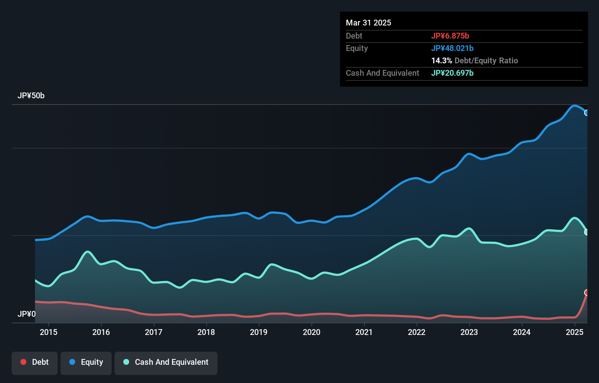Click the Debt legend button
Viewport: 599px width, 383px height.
35,363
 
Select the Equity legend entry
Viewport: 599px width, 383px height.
86,363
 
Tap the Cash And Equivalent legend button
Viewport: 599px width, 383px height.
166,363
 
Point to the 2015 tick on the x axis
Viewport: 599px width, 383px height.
49,332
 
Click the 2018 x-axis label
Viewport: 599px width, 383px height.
206,332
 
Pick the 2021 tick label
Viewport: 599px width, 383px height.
364,332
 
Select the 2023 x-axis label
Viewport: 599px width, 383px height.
469,332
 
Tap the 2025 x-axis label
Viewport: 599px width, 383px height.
575,332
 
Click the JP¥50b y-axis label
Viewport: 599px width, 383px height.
31,96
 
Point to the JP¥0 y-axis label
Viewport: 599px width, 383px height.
27,314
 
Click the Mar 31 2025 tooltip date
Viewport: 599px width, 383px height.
368,23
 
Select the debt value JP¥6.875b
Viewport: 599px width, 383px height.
450,36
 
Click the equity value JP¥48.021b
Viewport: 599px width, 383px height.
452,48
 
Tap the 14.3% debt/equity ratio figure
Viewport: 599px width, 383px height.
442,60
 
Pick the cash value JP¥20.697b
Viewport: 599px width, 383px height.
452,73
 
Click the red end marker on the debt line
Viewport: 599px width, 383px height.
587,293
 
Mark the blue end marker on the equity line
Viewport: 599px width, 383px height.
587,113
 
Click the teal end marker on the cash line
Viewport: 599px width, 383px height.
587,232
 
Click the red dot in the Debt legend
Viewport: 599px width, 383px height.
23,362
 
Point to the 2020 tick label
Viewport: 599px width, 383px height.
312,332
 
